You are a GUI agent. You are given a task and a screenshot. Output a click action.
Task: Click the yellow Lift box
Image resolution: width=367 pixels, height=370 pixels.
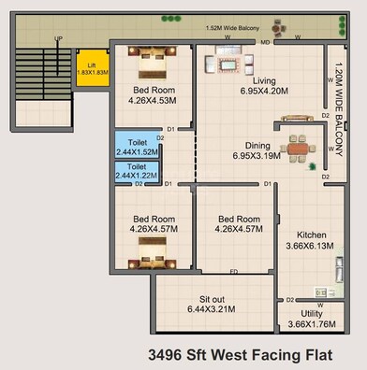(x=92, y=67)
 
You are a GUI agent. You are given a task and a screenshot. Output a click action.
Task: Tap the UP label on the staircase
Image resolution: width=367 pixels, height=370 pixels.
(x=59, y=39)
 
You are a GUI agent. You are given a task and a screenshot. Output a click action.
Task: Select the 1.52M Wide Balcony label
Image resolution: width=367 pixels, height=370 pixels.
(x=233, y=29)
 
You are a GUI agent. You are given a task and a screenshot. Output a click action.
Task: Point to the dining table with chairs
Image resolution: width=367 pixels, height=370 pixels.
(x=298, y=148)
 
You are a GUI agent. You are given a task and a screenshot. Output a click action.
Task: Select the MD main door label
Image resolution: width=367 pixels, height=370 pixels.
(x=266, y=43)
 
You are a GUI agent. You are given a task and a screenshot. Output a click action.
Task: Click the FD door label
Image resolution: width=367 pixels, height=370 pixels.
(x=232, y=272)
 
